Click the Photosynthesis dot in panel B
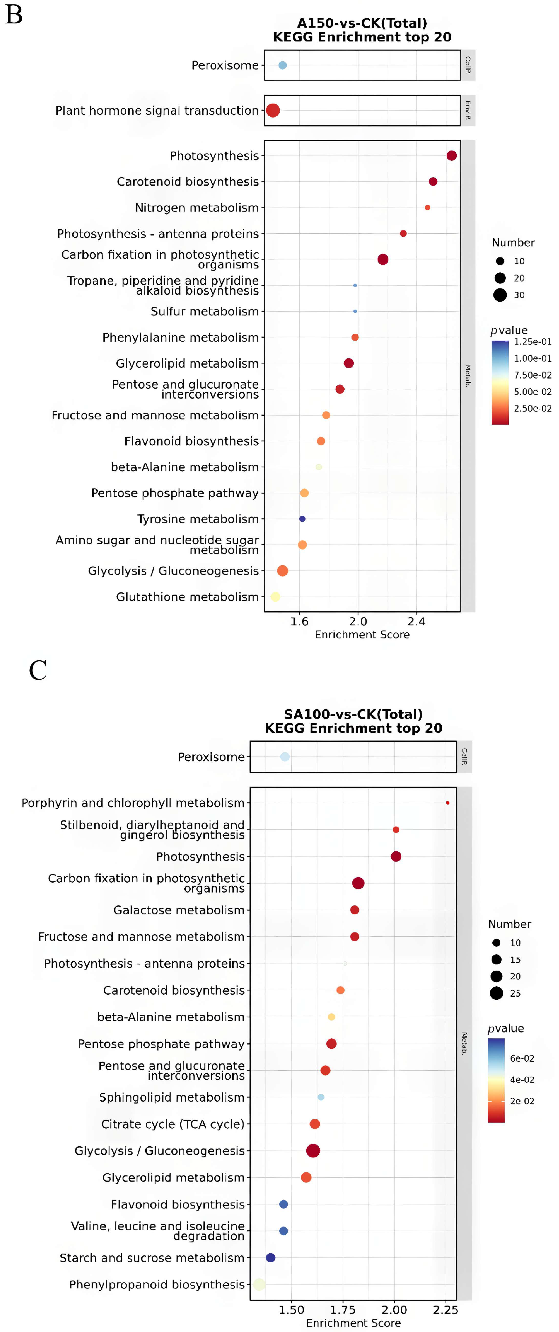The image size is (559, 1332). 451,156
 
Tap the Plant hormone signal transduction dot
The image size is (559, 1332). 273,110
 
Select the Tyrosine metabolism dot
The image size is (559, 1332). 302,519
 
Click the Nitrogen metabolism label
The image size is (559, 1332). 197,207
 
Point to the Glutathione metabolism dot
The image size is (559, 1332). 275,597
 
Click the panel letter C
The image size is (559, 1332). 38,670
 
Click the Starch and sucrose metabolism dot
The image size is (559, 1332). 270,1257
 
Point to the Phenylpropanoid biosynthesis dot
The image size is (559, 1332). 259,1285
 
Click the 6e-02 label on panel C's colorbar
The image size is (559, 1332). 522,1058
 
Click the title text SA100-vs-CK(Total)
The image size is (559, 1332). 354,714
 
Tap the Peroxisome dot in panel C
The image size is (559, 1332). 285,756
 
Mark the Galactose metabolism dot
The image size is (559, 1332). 355,910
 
